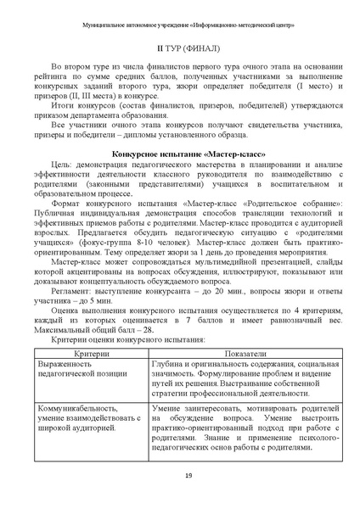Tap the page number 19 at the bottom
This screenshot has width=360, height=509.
coord(180,477)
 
